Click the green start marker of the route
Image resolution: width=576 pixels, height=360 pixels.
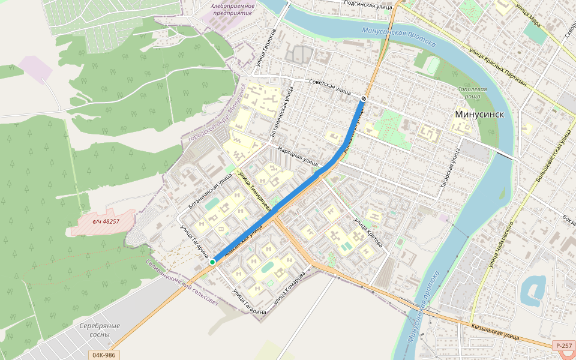click(x=212, y=262)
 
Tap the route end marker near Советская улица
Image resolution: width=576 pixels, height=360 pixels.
click(x=364, y=98)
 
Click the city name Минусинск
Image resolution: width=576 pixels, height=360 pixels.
click(x=478, y=114)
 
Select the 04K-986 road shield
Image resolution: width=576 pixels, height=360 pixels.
click(x=104, y=355)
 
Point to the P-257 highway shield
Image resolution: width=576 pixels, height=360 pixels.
click(x=563, y=346)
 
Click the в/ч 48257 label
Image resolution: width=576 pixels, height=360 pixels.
click(x=106, y=221)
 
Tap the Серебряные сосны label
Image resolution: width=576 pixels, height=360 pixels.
click(x=100, y=329)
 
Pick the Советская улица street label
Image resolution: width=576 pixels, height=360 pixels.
click(x=329, y=86)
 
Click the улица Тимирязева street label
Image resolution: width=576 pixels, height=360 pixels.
click(x=255, y=190)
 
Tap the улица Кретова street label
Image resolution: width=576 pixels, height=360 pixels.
click(x=367, y=232)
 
